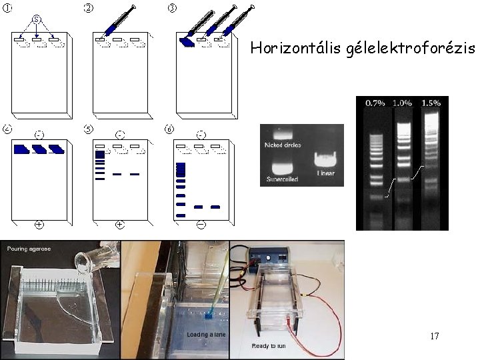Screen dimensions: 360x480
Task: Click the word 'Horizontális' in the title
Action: (283, 48)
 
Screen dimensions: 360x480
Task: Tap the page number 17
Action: (434, 335)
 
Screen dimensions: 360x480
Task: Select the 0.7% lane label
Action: (374, 103)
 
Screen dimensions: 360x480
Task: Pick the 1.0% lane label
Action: (402, 103)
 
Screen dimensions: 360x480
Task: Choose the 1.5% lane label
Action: (431, 103)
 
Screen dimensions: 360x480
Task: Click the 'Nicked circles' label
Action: (283, 145)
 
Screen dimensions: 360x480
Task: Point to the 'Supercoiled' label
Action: (283, 179)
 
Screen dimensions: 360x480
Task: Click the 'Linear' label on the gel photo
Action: (326, 174)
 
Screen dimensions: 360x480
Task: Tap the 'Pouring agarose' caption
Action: (29, 249)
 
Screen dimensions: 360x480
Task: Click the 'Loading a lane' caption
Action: (205, 334)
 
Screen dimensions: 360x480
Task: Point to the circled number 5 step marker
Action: (88, 128)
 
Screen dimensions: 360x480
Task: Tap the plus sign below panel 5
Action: (119, 225)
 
